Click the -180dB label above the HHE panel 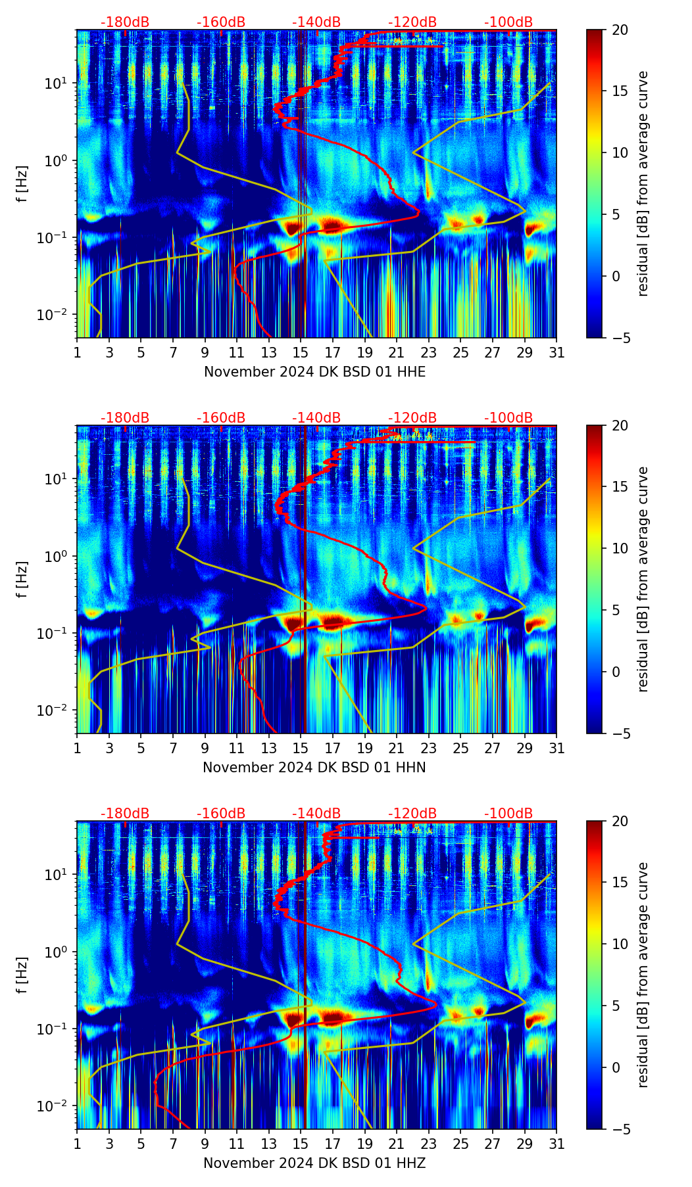pyautogui.click(x=125, y=22)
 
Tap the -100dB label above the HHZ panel pyautogui.click(x=508, y=814)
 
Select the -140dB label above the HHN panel pyautogui.click(x=316, y=418)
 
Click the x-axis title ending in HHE pyautogui.click(x=314, y=372)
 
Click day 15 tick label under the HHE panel pyautogui.click(x=301, y=353)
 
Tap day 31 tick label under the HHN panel pyautogui.click(x=556, y=749)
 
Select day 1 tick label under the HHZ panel pyautogui.click(x=78, y=1144)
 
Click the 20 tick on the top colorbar pyautogui.click(x=620, y=30)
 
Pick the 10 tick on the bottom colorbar pyautogui.click(x=620, y=944)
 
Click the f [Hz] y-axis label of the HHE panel pyautogui.click(x=22, y=184)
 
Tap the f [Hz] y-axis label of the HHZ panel pyautogui.click(x=22, y=975)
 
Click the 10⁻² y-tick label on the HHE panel pyautogui.click(x=57, y=315)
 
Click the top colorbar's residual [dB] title pyautogui.click(x=643, y=184)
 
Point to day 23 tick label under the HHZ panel pyautogui.click(x=429, y=1144)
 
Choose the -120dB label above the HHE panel pyautogui.click(x=412, y=22)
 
